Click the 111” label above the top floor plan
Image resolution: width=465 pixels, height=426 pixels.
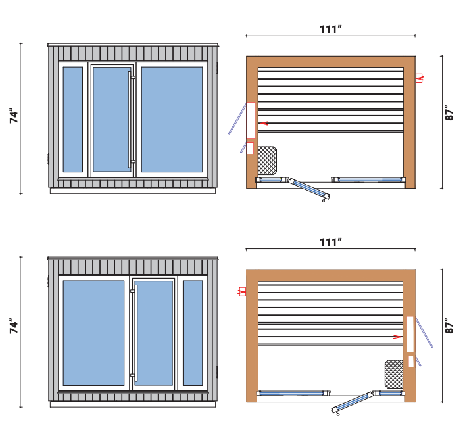330,29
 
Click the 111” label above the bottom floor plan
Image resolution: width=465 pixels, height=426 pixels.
330,243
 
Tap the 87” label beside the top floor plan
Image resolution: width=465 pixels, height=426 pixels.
450,113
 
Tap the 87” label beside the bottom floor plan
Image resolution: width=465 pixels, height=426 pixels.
450,327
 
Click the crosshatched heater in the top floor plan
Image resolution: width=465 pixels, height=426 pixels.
266,160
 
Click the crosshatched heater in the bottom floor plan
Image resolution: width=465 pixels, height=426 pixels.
394,373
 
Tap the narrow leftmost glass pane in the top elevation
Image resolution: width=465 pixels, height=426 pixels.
72,119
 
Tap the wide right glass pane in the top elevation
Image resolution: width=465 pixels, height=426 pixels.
172,119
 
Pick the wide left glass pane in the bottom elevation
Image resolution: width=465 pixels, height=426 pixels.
93,333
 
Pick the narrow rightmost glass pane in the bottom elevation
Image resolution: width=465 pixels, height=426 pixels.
192,333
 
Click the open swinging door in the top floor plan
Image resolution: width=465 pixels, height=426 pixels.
308,189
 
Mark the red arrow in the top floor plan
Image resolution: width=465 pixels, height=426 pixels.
263,123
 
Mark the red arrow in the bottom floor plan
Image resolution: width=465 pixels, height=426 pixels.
397,337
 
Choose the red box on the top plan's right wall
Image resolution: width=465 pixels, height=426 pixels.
418,78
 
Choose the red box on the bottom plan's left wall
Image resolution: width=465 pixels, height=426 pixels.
242,291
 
